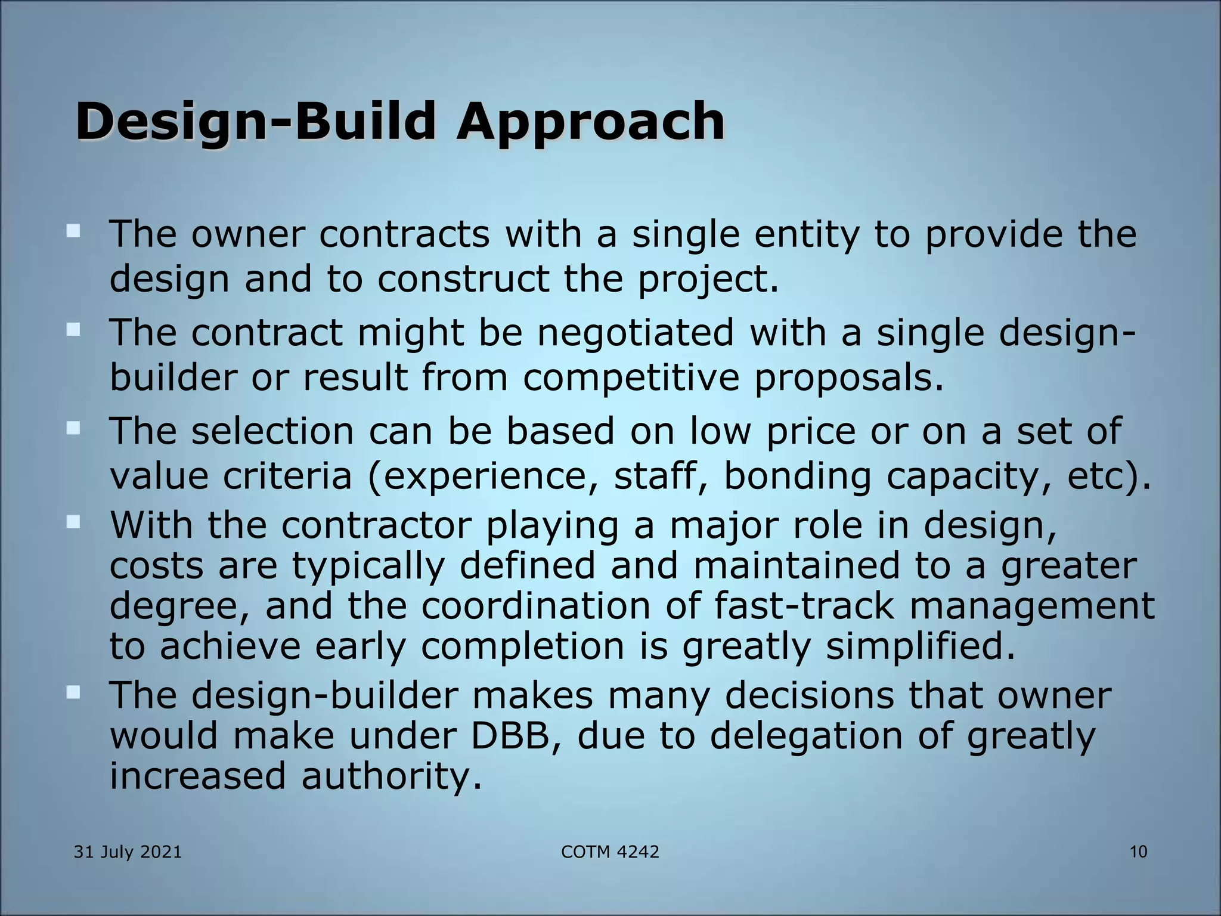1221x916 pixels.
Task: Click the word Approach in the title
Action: [x=590, y=122]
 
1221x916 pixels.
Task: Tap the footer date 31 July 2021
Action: [x=128, y=852]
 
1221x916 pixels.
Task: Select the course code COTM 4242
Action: [x=610, y=852]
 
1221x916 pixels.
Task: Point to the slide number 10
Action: [x=1138, y=852]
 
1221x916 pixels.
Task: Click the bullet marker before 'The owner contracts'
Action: [x=73, y=231]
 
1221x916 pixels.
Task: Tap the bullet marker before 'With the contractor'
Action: [x=73, y=522]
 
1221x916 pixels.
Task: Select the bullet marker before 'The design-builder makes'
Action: [x=73, y=692]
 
